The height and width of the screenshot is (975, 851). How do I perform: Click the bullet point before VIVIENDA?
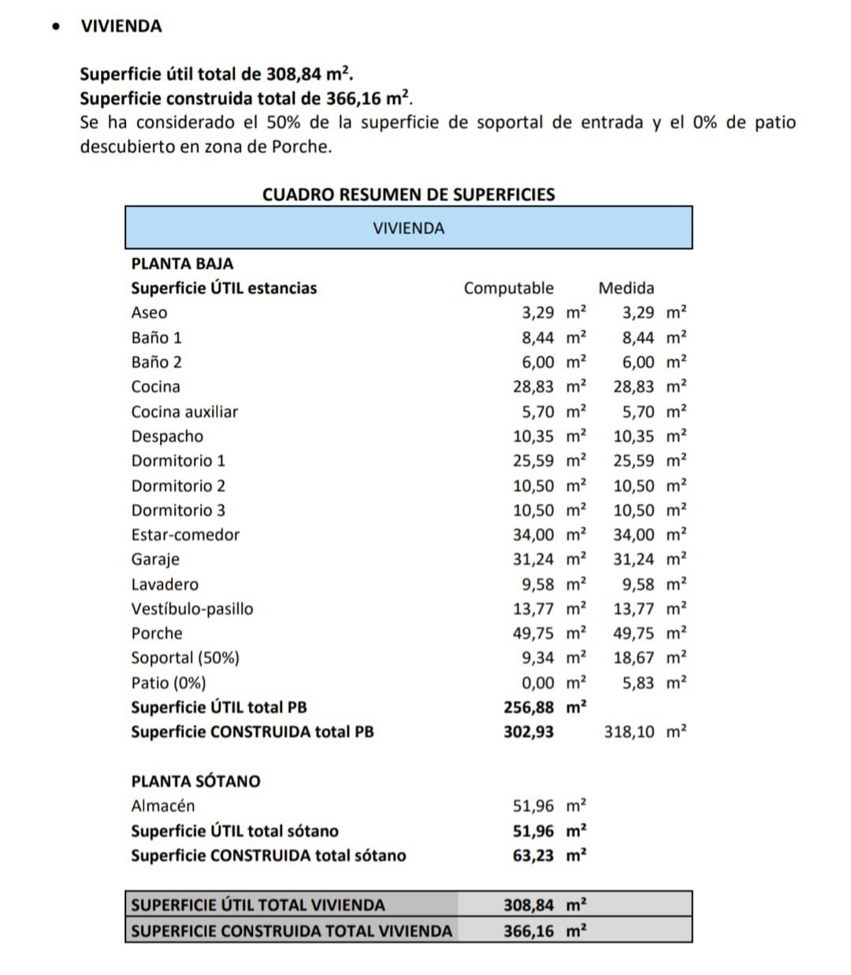[x=55, y=26]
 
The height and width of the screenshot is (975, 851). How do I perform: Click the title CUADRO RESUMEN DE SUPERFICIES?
[x=408, y=195]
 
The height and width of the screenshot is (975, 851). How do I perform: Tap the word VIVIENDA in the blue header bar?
[x=408, y=228]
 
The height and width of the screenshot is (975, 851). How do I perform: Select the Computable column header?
[x=508, y=288]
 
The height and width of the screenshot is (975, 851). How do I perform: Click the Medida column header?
[x=626, y=288]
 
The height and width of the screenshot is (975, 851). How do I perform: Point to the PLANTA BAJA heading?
[x=182, y=264]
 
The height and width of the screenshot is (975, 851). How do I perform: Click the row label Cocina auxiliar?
[x=184, y=412]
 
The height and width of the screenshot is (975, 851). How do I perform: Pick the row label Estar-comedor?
[x=185, y=535]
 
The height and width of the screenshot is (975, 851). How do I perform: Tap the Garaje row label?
[x=155, y=559]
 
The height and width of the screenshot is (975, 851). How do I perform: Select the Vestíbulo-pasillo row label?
[x=192, y=609]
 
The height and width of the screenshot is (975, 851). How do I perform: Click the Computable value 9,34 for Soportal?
[x=537, y=658]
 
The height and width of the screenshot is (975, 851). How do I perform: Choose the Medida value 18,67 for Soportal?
[x=634, y=658]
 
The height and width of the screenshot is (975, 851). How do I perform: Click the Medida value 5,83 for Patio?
[x=638, y=683]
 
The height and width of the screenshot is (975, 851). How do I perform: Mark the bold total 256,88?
[x=529, y=707]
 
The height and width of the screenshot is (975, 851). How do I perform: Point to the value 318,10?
[x=629, y=732]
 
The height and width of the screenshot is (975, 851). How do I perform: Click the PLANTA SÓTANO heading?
[x=195, y=781]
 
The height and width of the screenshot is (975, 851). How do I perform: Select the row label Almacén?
[x=162, y=806]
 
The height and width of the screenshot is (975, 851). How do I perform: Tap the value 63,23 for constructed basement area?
[x=533, y=855]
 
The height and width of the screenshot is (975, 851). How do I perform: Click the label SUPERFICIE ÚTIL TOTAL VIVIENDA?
[x=258, y=905]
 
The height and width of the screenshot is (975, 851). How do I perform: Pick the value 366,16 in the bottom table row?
[x=529, y=931]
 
